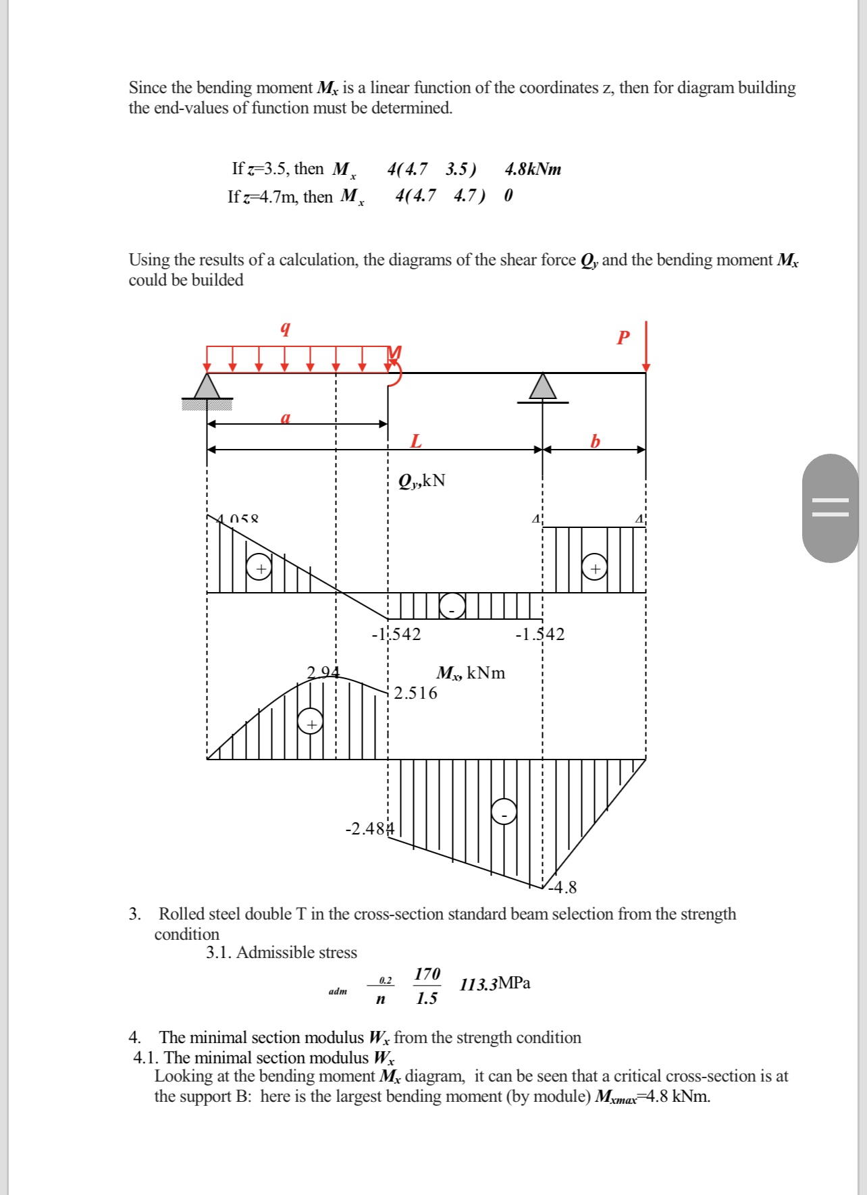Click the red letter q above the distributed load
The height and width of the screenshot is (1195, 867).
point(286,329)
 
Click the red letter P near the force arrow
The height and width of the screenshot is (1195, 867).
point(623,338)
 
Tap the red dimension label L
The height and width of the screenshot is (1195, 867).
point(416,442)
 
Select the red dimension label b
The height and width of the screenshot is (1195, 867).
point(595,442)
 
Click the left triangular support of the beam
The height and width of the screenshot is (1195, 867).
point(207,388)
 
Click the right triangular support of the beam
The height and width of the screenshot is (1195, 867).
point(543,387)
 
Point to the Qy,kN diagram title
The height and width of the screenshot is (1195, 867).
point(421,481)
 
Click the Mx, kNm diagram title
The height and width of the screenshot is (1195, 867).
point(471,673)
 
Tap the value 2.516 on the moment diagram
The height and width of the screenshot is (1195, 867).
point(415,693)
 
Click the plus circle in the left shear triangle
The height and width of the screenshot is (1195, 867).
point(260,568)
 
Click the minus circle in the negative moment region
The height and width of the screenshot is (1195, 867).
point(504,812)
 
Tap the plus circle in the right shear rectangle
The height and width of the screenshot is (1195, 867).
point(595,568)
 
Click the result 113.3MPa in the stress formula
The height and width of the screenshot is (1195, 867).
point(495,984)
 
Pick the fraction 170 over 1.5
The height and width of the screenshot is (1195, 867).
point(427,986)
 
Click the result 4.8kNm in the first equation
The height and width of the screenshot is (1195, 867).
point(533,169)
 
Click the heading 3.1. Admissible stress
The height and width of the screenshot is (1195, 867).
point(282,953)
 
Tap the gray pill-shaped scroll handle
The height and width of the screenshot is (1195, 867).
point(830,508)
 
